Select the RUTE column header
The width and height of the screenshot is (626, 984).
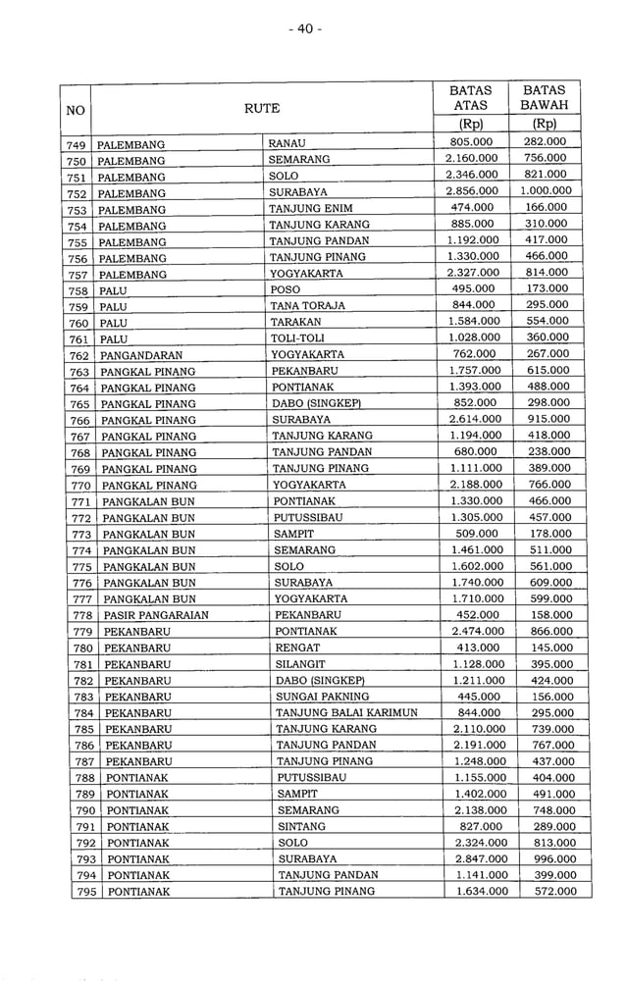262,108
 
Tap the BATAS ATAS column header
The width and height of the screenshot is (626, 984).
470,97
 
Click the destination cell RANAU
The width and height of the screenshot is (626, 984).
287,143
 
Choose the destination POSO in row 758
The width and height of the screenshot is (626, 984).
285,289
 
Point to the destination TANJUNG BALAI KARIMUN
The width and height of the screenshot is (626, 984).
346,712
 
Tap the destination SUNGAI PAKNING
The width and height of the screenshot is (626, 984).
323,697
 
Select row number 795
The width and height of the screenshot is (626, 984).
85,892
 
